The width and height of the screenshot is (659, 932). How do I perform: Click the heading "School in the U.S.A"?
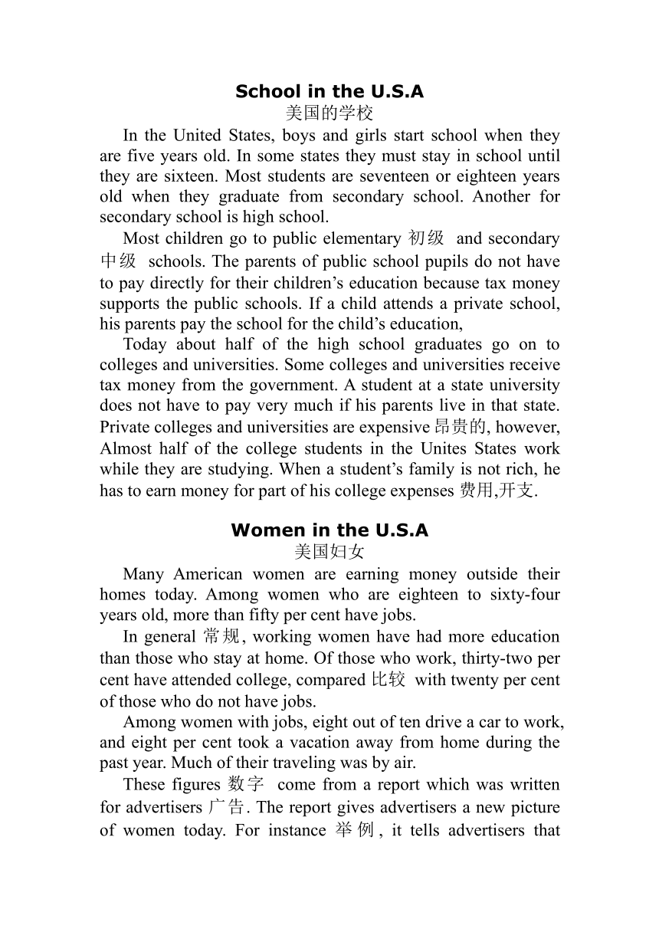point(329,92)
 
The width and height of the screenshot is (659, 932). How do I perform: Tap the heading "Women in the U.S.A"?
point(329,530)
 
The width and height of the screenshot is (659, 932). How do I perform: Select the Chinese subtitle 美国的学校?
point(329,113)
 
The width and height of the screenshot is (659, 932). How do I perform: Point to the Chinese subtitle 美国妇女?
point(329,552)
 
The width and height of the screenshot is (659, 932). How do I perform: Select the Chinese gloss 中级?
point(118,261)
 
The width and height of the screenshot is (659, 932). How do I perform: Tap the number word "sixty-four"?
point(525,595)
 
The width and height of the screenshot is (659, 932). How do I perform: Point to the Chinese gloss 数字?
point(246,785)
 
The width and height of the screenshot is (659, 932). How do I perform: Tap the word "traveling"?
point(278,763)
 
